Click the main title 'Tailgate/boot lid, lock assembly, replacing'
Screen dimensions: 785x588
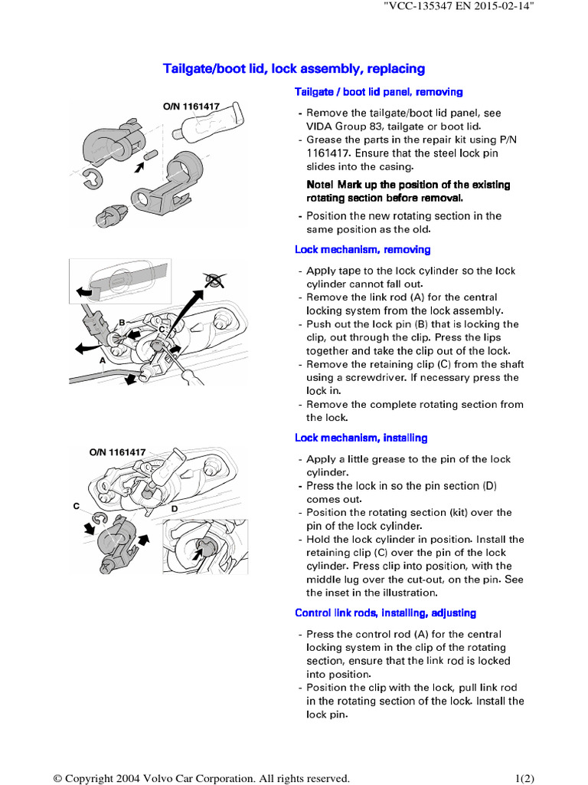click(x=294, y=69)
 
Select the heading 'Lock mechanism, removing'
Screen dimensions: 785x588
click(x=362, y=249)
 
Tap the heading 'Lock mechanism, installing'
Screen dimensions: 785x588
click(x=361, y=438)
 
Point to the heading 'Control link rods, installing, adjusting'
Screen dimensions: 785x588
click(x=385, y=613)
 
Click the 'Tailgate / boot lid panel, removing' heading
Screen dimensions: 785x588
click(x=378, y=92)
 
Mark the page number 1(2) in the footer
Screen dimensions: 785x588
click(x=524, y=778)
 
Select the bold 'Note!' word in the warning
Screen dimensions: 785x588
click(x=322, y=185)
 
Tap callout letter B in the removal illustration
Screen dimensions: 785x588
click(x=121, y=323)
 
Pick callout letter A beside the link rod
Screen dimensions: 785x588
click(x=102, y=359)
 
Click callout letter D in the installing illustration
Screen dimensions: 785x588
click(x=174, y=508)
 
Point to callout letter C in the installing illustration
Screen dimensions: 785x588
click(x=77, y=507)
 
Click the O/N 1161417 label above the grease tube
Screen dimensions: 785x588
click(x=191, y=107)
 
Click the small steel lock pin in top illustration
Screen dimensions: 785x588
click(x=150, y=155)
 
